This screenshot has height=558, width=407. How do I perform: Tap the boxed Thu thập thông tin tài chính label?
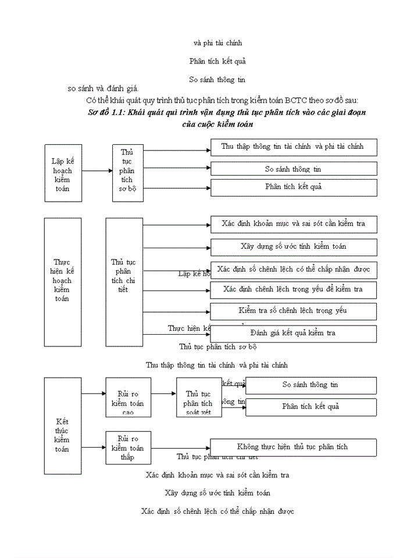[x=292, y=146]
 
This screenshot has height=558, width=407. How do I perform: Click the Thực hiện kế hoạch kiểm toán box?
[x=63, y=282]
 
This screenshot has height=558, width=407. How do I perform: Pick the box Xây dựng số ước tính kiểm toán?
[x=294, y=246]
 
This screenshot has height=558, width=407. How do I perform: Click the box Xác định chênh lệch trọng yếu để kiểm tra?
[x=294, y=289]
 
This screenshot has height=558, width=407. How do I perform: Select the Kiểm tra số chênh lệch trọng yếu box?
[x=294, y=311]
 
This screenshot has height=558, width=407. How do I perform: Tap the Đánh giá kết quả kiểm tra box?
[x=294, y=333]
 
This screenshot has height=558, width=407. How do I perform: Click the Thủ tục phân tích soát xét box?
[x=199, y=397]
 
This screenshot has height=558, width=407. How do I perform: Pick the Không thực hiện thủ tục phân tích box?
[x=292, y=447]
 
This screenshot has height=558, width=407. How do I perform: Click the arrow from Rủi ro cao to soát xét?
[x=163, y=394]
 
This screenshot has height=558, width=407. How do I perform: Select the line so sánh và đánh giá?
[x=103, y=88]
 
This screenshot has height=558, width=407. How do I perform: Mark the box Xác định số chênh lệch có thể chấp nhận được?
[x=294, y=270]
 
